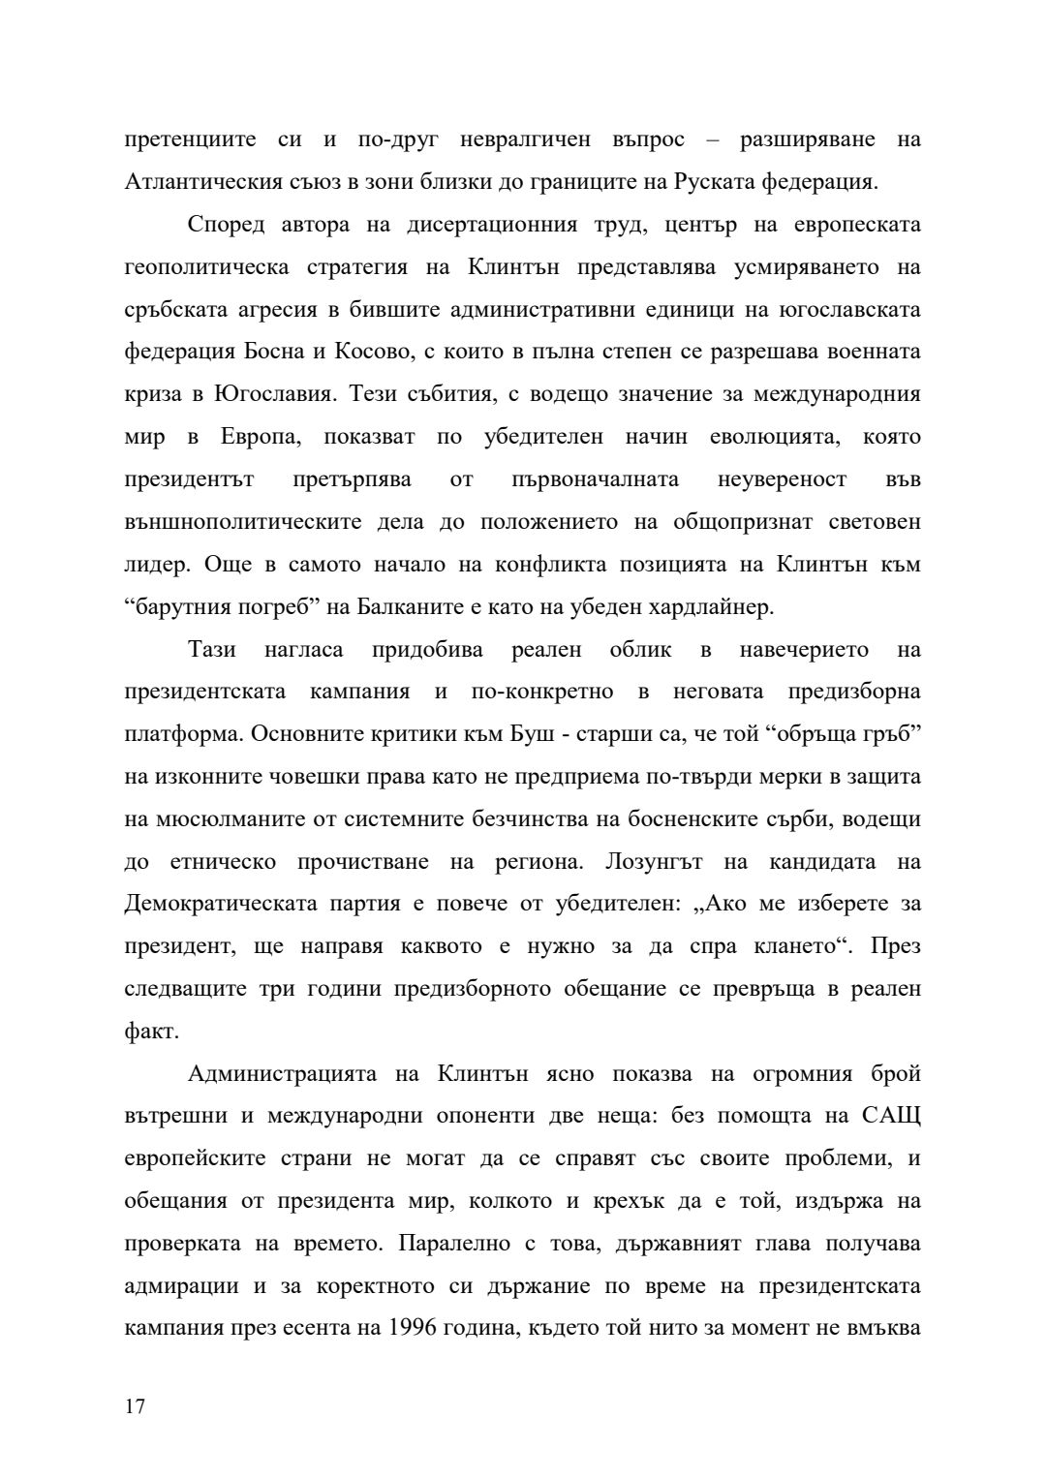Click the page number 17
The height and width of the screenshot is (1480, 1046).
click(135, 1406)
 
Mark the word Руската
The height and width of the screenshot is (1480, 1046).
click(689, 181)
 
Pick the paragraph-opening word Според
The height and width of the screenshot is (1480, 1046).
click(222, 225)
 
